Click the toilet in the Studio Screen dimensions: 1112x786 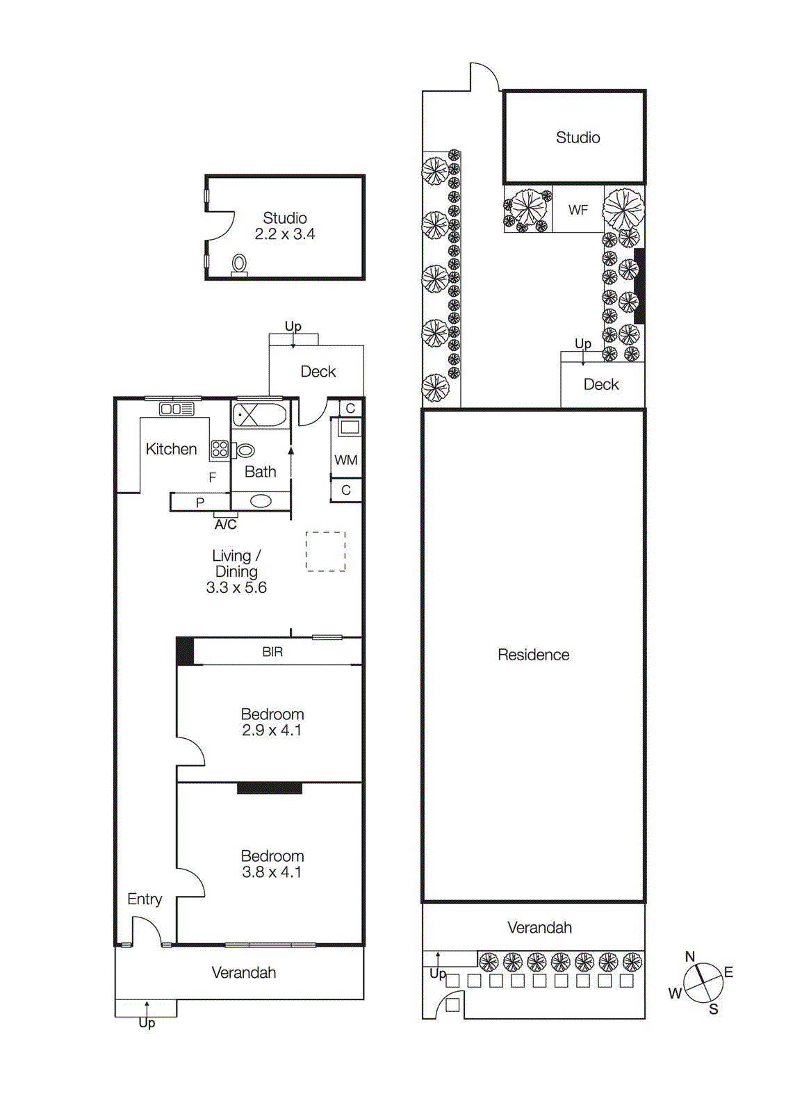click(x=239, y=264)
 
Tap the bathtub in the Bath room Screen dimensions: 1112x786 click(x=259, y=415)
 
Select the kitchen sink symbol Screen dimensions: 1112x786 click(x=177, y=409)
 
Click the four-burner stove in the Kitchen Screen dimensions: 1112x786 click(x=220, y=449)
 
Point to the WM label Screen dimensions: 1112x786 click(x=345, y=460)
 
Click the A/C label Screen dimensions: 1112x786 click(x=225, y=525)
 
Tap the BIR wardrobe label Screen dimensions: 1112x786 click(x=272, y=652)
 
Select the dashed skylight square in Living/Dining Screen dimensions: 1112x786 click(x=325, y=552)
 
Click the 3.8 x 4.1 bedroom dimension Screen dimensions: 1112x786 click(x=272, y=872)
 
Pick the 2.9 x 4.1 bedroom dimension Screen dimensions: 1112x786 click(x=272, y=730)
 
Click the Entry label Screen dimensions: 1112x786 click(x=145, y=899)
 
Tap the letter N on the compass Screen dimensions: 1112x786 click(x=690, y=957)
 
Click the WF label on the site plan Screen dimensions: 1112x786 click(x=578, y=210)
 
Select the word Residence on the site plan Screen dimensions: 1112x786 click(x=533, y=655)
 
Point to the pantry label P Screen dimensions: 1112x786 click(x=200, y=502)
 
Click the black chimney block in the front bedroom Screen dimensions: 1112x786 click(x=270, y=788)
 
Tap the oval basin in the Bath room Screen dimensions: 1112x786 click(x=261, y=501)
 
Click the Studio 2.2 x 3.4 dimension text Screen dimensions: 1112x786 click(x=284, y=235)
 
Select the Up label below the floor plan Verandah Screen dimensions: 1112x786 click(x=147, y=1023)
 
